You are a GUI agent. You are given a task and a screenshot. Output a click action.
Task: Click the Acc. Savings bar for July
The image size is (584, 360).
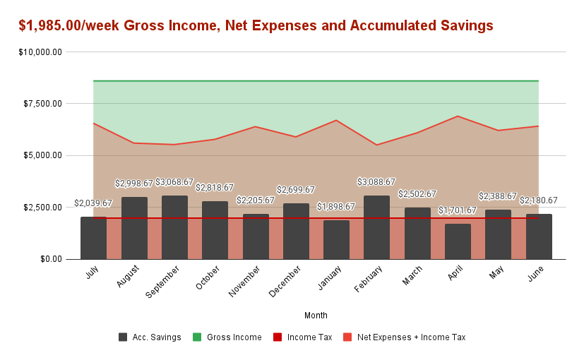(93, 238)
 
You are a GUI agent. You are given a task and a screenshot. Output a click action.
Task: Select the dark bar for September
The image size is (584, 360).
(174, 227)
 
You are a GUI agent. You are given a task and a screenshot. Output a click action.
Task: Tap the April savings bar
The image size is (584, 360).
(458, 241)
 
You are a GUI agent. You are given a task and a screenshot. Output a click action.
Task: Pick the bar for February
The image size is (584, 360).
(376, 227)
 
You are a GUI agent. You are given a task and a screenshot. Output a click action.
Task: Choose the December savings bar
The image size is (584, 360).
(296, 232)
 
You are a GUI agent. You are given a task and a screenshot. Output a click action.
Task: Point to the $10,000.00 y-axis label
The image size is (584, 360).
(40, 52)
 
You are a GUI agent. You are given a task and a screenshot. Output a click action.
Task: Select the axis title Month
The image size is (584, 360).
(316, 315)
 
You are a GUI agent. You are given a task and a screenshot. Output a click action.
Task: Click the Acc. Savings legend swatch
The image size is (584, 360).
(123, 337)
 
